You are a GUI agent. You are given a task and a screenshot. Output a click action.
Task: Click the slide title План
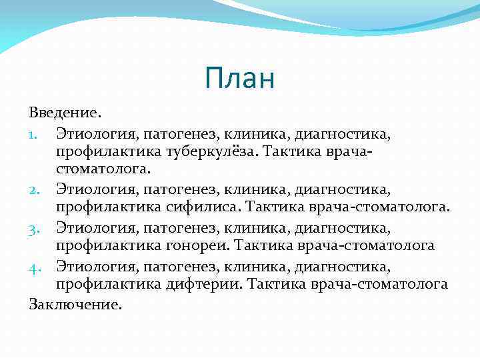pos(239,79)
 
